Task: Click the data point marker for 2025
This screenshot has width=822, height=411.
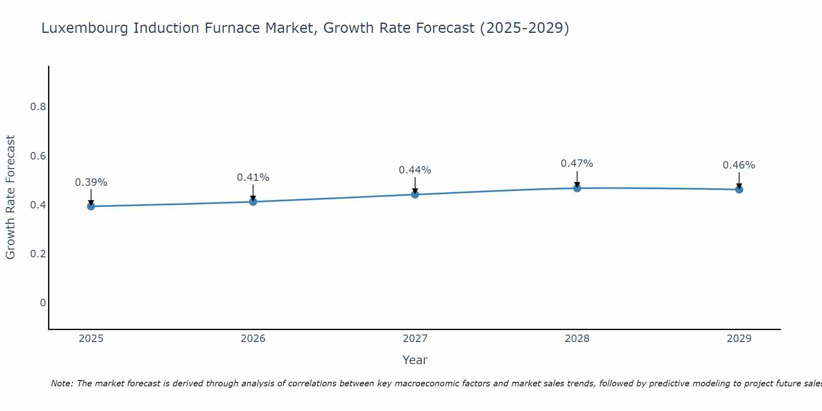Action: pyautogui.click(x=91, y=206)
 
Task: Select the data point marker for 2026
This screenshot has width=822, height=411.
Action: pyautogui.click(x=253, y=201)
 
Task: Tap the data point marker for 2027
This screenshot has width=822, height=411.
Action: pyautogui.click(x=415, y=194)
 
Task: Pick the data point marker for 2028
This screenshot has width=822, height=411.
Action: pyautogui.click(x=577, y=188)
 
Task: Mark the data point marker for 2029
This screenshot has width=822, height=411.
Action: pyautogui.click(x=739, y=189)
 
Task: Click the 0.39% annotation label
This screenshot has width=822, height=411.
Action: pyautogui.click(x=91, y=182)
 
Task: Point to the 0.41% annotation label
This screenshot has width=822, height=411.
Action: pyautogui.click(x=253, y=178)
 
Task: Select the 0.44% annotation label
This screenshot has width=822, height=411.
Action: pyautogui.click(x=415, y=170)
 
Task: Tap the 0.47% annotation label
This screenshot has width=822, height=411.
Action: pyautogui.click(x=577, y=164)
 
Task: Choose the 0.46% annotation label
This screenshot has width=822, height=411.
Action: pyautogui.click(x=739, y=165)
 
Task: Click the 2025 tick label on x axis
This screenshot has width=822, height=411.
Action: pyautogui.click(x=91, y=339)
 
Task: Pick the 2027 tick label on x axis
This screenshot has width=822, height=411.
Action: pyautogui.click(x=415, y=339)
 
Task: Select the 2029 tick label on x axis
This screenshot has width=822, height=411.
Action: pyautogui.click(x=739, y=339)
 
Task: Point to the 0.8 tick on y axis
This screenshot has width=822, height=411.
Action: pyautogui.click(x=38, y=107)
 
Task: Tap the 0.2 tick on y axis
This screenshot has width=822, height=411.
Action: pyautogui.click(x=38, y=254)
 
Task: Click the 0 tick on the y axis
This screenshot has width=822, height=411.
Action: pyautogui.click(x=43, y=303)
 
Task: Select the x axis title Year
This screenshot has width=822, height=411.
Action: pyautogui.click(x=415, y=360)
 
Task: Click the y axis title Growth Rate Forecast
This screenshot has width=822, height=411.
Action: pyautogui.click(x=11, y=197)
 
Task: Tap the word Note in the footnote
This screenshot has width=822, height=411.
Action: pyautogui.click(x=62, y=383)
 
